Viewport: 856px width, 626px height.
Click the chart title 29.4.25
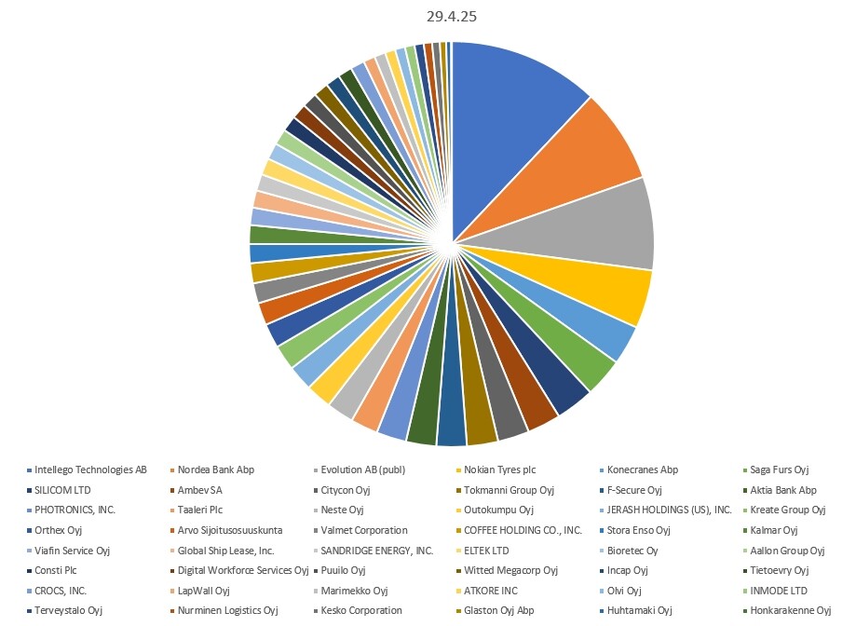click(452, 18)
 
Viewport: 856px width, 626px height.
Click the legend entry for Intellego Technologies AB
click(90, 469)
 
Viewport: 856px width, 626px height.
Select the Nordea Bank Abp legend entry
click(216, 469)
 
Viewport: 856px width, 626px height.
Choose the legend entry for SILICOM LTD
click(62, 490)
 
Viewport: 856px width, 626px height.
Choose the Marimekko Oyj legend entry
click(354, 591)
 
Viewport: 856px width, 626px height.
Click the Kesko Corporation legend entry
click(361, 611)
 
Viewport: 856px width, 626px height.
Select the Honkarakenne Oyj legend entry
click(795, 611)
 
